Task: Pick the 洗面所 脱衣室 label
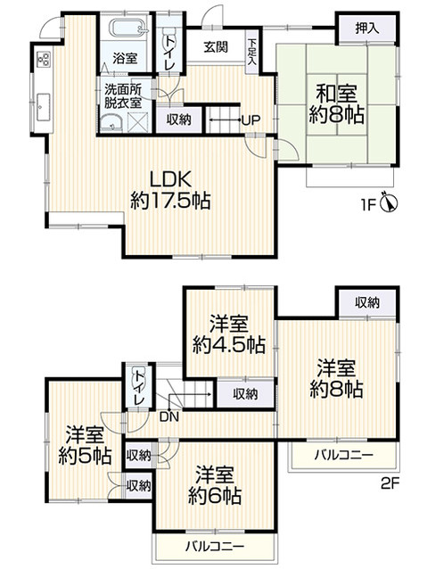123,96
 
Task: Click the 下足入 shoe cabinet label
253,50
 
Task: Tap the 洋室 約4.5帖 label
229,334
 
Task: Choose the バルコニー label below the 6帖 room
212,544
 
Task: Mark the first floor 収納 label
178,120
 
